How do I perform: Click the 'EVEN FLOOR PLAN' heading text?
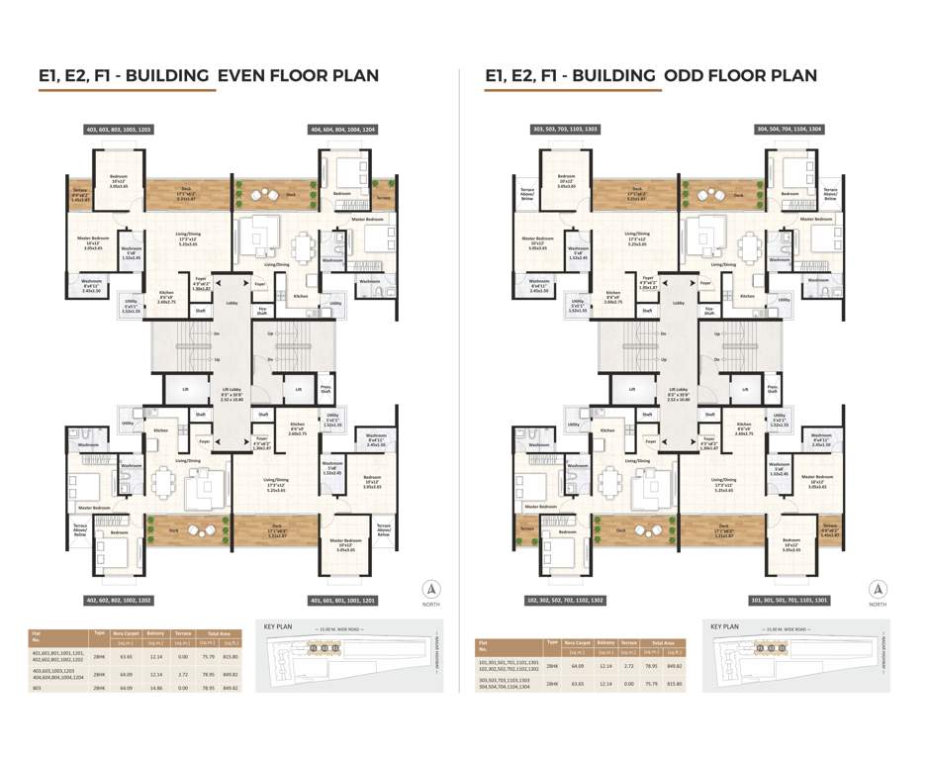coord(298,75)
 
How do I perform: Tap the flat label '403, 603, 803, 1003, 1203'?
coord(119,130)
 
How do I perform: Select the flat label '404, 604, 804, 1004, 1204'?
coord(342,130)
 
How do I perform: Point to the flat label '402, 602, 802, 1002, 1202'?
coord(119,600)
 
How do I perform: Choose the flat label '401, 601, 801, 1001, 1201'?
coord(342,600)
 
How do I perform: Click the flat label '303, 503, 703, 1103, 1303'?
coord(565,130)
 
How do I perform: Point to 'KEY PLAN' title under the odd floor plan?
coord(726,626)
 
